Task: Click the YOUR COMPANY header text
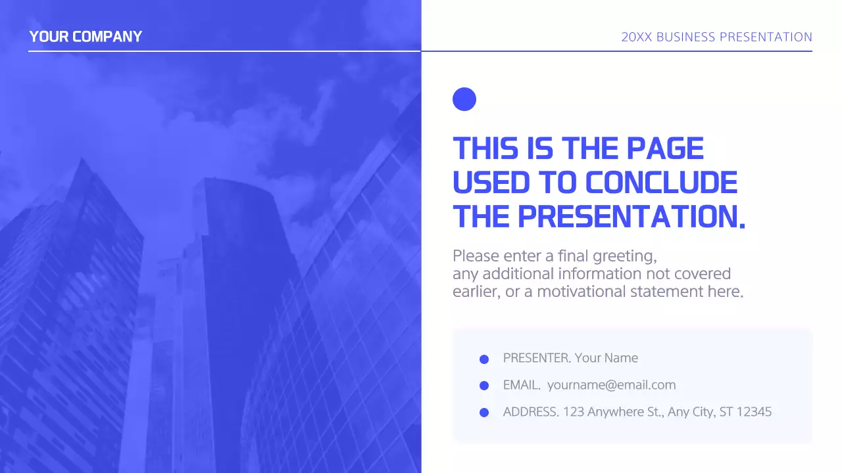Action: [86, 37]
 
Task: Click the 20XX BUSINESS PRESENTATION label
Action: [716, 37]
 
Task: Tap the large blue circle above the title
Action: [464, 99]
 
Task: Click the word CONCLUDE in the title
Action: [661, 183]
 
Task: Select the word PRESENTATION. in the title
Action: [631, 217]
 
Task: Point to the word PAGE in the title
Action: [664, 148]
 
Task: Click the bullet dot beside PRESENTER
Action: [484, 359]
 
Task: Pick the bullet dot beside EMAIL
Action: [484, 386]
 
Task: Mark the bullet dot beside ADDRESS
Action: [484, 413]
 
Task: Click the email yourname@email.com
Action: [611, 385]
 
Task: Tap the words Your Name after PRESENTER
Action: [606, 358]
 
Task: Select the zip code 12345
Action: [754, 412]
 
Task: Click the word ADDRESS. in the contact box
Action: [531, 412]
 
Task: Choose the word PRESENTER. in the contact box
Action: [537, 358]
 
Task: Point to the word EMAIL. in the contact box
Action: [522, 385]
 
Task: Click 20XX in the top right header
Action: [636, 37]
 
